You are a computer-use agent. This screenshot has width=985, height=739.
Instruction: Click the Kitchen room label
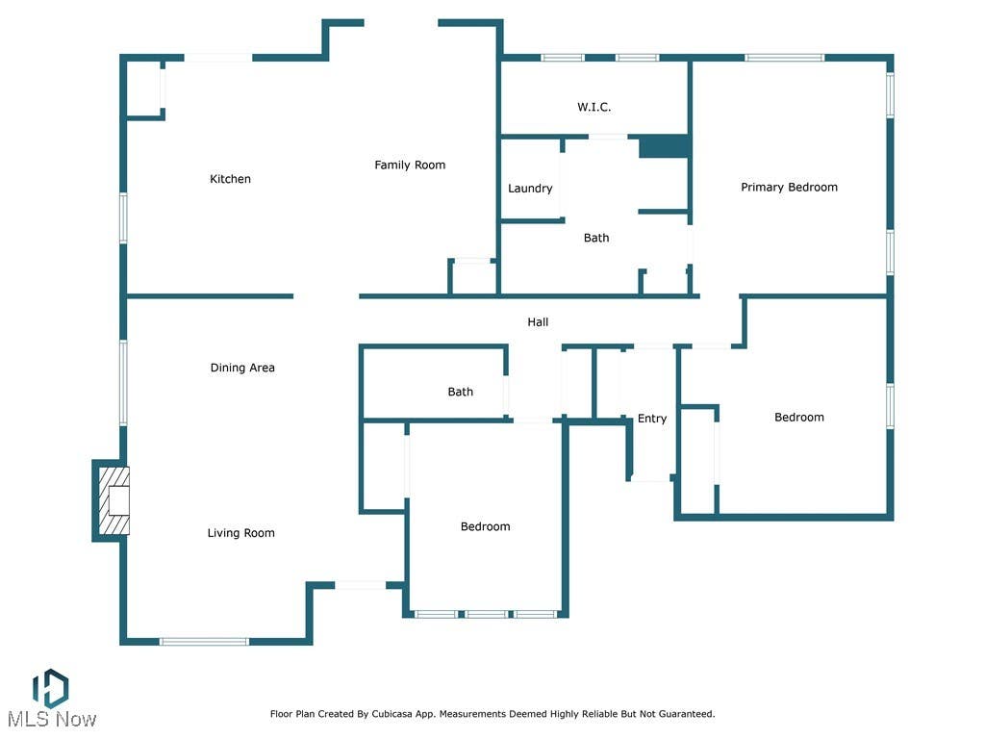(230, 179)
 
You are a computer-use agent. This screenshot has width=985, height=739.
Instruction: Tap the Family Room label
(410, 166)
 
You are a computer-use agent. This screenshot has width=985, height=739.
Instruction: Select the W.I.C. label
(594, 107)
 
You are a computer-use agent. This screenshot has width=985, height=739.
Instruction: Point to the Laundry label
(530, 189)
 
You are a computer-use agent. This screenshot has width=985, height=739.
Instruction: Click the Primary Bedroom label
(789, 188)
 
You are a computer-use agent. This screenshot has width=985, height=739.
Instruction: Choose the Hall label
(538, 322)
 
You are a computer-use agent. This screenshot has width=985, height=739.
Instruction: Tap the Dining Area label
(242, 368)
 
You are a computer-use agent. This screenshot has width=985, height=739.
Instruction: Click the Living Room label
(241, 533)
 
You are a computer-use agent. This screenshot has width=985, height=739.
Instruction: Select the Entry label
(652, 419)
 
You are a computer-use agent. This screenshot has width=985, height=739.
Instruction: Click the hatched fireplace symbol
(114, 500)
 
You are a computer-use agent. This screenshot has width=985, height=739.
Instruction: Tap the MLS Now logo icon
(50, 688)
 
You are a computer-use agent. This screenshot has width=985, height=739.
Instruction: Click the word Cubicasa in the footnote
(395, 714)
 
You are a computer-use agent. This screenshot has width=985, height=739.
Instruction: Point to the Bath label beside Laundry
(596, 239)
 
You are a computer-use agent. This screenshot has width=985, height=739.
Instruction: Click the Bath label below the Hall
(461, 393)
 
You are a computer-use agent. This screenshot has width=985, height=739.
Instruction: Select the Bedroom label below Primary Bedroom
(799, 418)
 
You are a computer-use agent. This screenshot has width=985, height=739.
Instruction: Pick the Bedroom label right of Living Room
(485, 526)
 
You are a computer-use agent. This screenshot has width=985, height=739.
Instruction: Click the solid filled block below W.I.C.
(665, 146)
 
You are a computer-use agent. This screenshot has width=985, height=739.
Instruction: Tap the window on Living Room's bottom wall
(204, 642)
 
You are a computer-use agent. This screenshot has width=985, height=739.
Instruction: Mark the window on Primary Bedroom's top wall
(785, 58)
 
